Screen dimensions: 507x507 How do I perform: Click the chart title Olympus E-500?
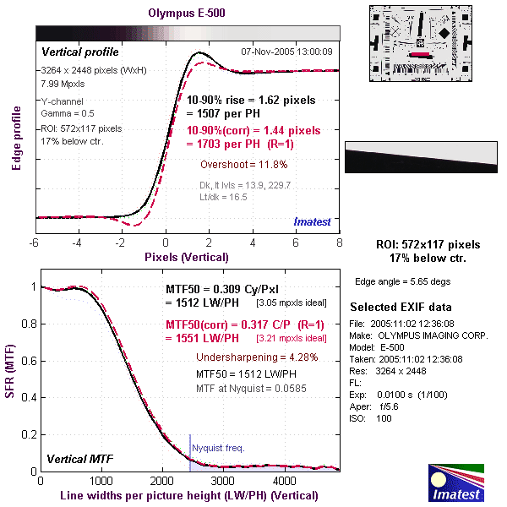point(187,14)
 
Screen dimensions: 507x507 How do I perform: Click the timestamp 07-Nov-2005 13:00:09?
point(286,52)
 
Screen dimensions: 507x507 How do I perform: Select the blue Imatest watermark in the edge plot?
point(316,221)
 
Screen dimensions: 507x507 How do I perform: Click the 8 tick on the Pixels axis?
point(339,243)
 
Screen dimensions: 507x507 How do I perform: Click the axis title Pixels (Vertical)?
point(186,256)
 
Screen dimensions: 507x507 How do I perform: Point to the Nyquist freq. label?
point(218,448)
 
